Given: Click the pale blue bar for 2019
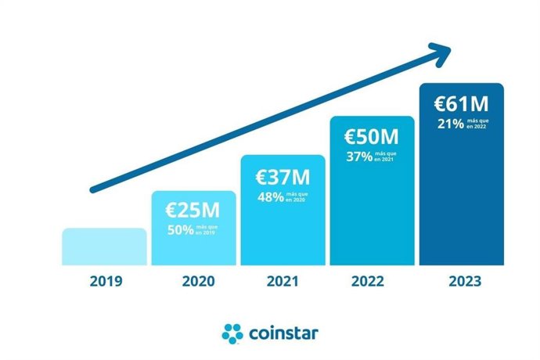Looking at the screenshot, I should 104,247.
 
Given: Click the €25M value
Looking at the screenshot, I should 193,211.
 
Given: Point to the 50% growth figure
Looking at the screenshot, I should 181,231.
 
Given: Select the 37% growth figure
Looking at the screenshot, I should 359,157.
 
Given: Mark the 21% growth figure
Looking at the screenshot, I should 449,124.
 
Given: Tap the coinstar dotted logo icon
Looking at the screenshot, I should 233,333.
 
